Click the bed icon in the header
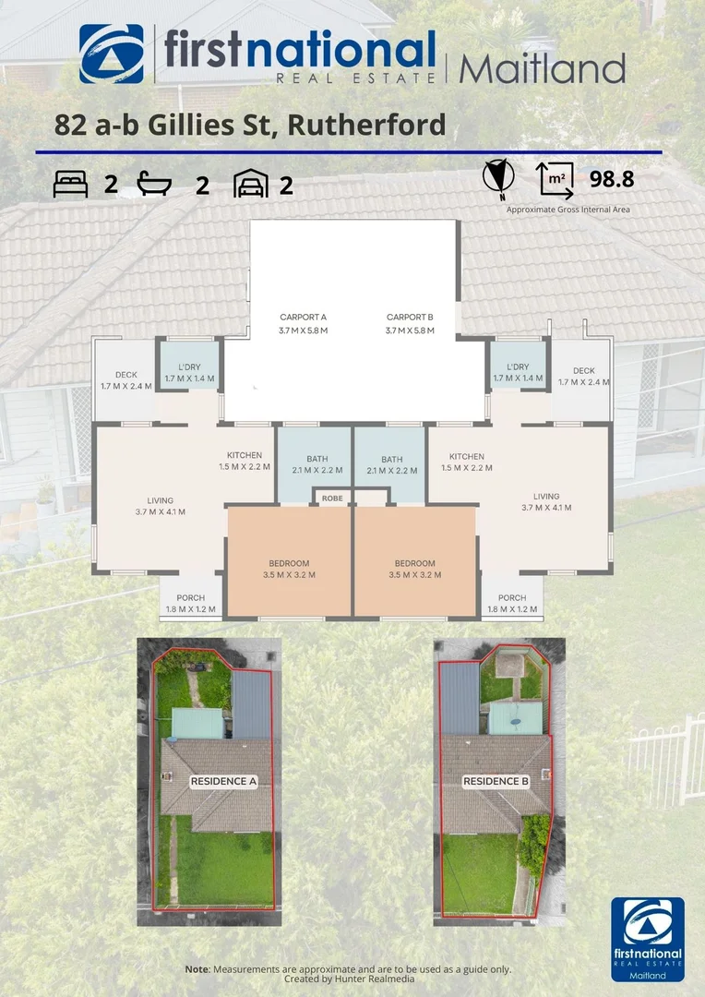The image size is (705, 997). [x=71, y=185]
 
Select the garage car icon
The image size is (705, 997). [x=250, y=184]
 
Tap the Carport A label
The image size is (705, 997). [x=304, y=318]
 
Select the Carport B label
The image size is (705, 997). [x=410, y=318]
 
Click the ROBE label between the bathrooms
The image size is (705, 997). [x=331, y=498]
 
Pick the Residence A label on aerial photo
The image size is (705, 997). [x=222, y=781]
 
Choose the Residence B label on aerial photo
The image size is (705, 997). [x=496, y=781]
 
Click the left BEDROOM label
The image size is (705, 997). [x=289, y=563]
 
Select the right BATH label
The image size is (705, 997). [x=392, y=460]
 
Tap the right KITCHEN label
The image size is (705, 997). [x=467, y=456]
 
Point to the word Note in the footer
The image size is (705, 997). [x=197, y=968]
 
